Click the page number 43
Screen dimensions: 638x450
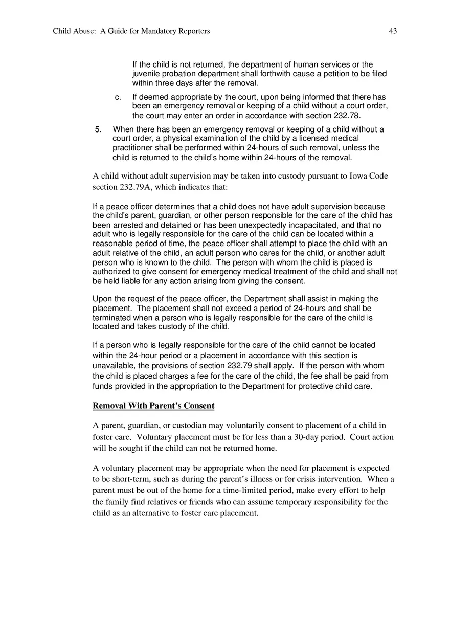(393, 31)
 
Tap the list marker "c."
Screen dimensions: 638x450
(118, 97)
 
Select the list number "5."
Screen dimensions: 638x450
(99, 129)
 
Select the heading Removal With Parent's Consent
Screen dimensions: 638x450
(153, 406)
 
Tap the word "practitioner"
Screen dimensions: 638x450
(133, 148)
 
